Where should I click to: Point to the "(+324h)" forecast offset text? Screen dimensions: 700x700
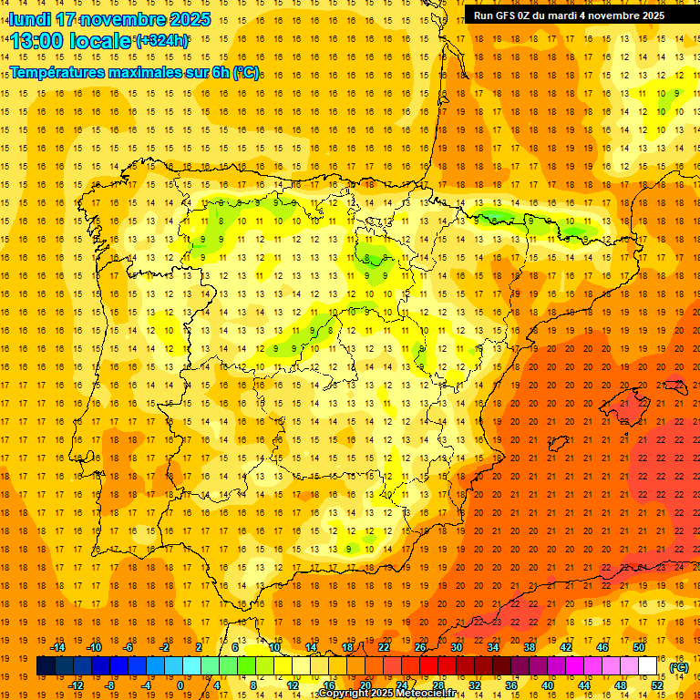162,40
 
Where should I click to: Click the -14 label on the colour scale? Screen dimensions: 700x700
57,647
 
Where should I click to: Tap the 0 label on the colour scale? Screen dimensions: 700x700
180,685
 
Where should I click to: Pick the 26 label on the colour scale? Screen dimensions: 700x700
420,647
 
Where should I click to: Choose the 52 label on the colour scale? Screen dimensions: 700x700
657,685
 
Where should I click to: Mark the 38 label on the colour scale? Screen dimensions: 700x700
530,647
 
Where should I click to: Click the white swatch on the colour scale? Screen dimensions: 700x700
647,666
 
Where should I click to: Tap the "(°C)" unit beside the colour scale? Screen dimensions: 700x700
679,667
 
